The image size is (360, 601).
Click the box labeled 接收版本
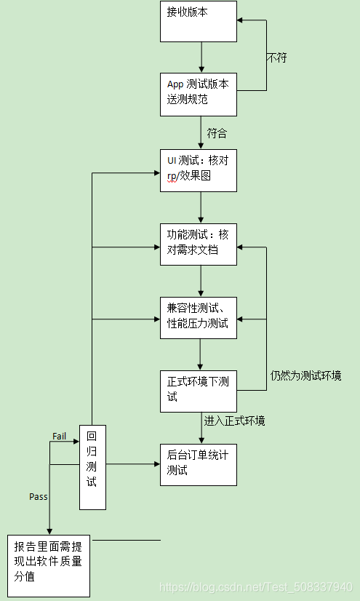pos(199,21)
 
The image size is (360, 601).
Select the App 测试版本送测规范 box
pos(199,94)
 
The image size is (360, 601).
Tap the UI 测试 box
pos(199,170)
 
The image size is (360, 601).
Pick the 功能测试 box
pos(199,244)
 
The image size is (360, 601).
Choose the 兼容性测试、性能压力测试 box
pos(199,317)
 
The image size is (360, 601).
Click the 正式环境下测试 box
pos(199,391)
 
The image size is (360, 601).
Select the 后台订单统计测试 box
pos(199,463)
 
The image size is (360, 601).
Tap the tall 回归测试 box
pos(92,466)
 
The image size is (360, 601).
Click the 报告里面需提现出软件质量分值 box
pos(49,565)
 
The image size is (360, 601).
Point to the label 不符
pos(276,57)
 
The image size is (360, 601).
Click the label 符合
pos(217,133)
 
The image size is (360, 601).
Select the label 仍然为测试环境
pos(305,375)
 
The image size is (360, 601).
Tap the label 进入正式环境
pos(234,421)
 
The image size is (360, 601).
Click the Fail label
pos(60,435)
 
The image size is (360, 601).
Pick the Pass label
pos(39,496)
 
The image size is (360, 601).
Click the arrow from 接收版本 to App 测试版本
pos(201,57)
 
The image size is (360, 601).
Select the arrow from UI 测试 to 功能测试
pos(201,207)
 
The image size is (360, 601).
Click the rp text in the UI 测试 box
pos(172,176)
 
